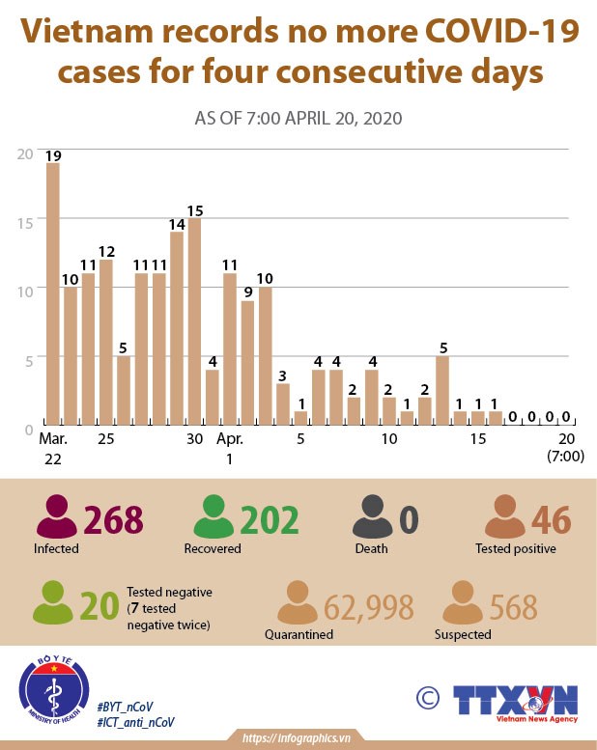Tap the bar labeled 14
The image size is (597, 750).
tap(177, 328)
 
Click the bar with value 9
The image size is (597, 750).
tap(247, 363)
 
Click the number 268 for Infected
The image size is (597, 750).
tap(114, 519)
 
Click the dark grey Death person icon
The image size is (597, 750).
tap(371, 517)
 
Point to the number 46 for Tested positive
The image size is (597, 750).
tap(553, 519)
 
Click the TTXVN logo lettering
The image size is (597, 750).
tap(514, 698)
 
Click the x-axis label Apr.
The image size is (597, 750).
tap(230, 439)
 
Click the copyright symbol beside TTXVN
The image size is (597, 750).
tap(426, 697)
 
